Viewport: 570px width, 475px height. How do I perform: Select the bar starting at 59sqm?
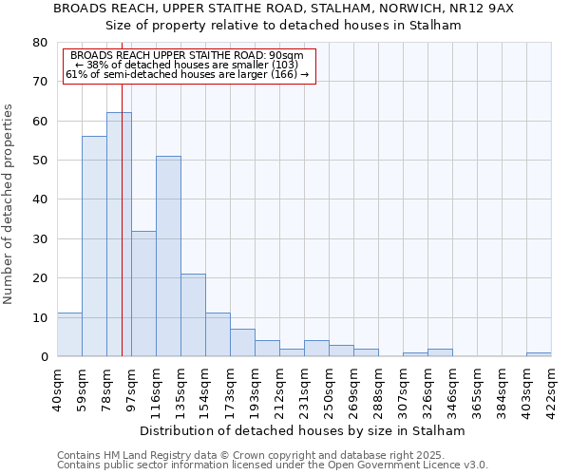[x=94, y=246]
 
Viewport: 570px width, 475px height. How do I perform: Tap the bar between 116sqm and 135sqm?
[x=168, y=256]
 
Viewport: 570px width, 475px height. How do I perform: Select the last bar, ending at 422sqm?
[x=539, y=354]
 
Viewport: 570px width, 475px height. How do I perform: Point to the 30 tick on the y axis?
[x=39, y=238]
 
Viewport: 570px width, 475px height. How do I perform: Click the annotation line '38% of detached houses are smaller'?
[x=187, y=65]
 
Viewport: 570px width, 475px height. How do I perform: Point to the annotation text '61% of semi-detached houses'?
[x=187, y=74]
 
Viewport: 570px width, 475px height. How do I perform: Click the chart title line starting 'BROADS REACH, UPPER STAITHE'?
[x=283, y=9]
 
